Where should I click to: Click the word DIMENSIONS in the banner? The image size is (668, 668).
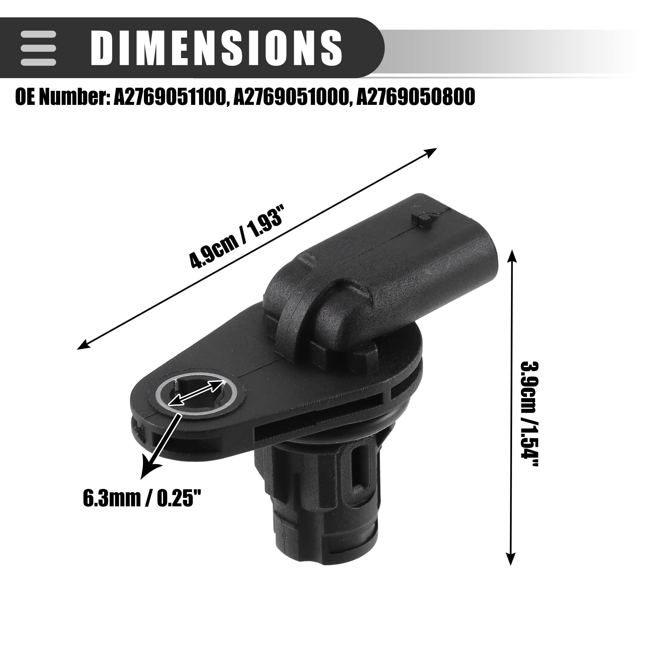click(x=216, y=48)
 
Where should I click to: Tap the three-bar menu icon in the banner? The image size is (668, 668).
click(x=38, y=48)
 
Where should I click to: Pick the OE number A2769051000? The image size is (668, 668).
click(x=291, y=97)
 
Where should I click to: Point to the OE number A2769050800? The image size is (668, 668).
click(x=415, y=97)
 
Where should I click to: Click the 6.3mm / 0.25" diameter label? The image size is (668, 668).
click(x=142, y=499)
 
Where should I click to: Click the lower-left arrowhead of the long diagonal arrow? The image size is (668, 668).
click(x=83, y=345)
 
